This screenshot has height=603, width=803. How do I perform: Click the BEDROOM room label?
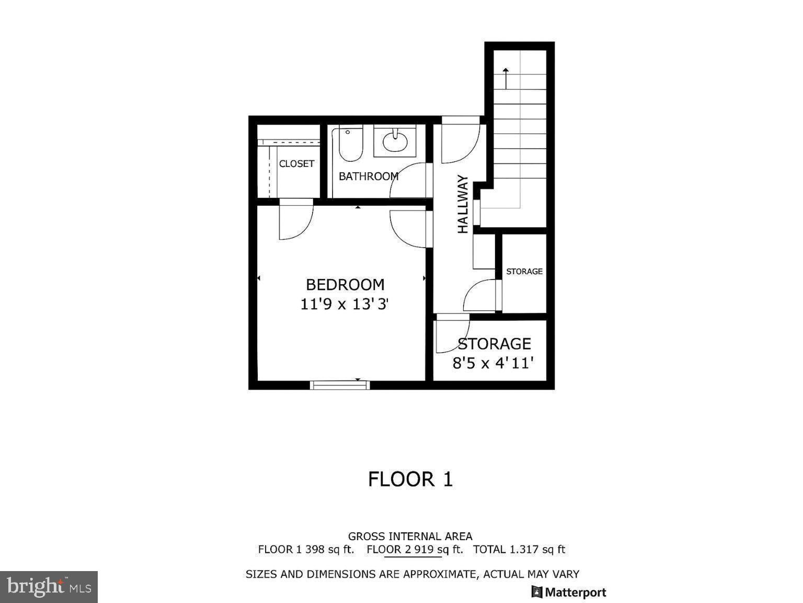[x=345, y=285]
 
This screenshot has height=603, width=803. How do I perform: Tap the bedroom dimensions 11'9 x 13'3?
[x=345, y=304]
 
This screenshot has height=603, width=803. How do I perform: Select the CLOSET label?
[x=296, y=164]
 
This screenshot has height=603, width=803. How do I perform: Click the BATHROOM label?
[x=368, y=176]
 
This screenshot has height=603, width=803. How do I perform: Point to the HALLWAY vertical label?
[x=463, y=204]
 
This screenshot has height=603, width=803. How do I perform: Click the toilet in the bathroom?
[x=350, y=143]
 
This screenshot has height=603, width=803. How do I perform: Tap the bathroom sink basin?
[x=395, y=141]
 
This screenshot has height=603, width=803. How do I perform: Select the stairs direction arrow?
[x=506, y=77]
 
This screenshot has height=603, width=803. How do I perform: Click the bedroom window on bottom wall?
[x=340, y=385]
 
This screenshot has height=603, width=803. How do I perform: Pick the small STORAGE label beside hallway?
[x=524, y=271]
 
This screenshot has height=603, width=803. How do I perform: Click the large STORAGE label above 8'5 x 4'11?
[x=494, y=344]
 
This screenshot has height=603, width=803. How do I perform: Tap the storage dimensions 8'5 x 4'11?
[x=492, y=363]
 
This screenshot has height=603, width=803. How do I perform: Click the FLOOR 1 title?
[x=410, y=479]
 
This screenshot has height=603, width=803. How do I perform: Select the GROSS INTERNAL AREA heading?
[x=410, y=536]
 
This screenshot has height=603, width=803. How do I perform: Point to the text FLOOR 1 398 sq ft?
[x=306, y=550]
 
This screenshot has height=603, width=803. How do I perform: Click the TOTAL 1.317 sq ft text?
[x=519, y=550]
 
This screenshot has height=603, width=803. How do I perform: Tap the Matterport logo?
[x=569, y=592]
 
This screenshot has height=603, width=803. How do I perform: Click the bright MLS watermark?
[x=49, y=587]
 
